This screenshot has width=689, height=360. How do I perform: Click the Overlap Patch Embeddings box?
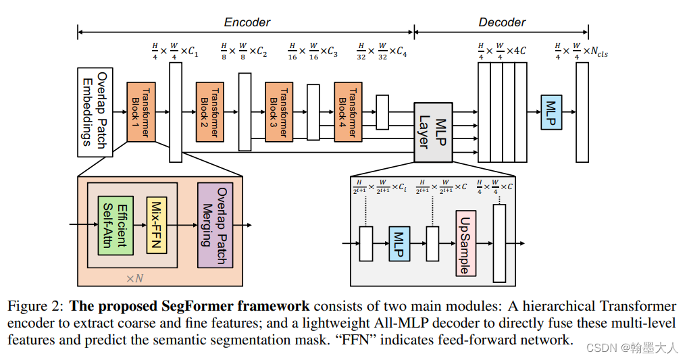click(x=95, y=112)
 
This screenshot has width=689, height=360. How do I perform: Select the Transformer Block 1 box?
click(x=141, y=112)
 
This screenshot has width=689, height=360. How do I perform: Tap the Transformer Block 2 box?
click(x=210, y=112)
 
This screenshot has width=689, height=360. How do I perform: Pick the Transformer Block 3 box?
click(x=279, y=112)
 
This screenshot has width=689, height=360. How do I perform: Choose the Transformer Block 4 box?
click(x=348, y=112)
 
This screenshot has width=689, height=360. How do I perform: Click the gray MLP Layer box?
click(x=433, y=132)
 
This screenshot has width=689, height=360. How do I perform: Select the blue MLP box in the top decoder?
click(x=551, y=112)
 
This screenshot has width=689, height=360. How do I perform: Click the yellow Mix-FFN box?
click(x=157, y=226)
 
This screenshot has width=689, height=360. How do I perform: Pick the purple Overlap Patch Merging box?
click(x=215, y=224)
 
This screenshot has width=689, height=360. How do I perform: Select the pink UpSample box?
click(x=465, y=243)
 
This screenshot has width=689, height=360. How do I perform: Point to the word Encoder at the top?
click(x=247, y=22)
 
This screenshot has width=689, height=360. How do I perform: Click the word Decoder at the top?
click(x=502, y=22)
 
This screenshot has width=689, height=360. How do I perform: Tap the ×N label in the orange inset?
click(x=135, y=278)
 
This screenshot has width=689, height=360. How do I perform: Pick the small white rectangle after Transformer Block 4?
click(x=382, y=112)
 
